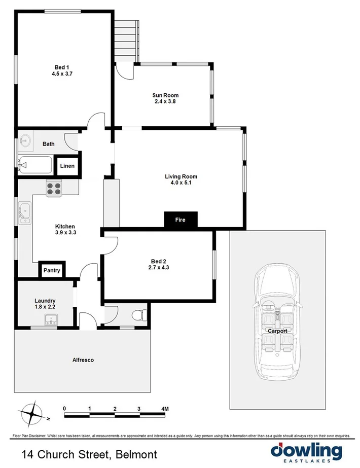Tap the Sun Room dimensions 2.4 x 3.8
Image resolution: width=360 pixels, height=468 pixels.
click(x=165, y=101)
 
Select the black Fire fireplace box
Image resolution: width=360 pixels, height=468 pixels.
click(x=180, y=220)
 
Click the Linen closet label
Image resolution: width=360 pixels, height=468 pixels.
click(x=67, y=166)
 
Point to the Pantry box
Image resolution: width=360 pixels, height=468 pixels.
click(x=52, y=270)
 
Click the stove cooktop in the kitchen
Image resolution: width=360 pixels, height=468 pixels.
click(x=54, y=188)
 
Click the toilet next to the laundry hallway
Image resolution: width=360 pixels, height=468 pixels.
click(x=139, y=315)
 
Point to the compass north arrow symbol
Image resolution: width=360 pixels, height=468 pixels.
click(x=34, y=413)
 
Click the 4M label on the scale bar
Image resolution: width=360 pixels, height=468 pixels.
click(x=164, y=408)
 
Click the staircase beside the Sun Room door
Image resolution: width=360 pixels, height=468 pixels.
click(x=126, y=41)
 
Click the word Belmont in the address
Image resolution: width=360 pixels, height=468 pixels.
click(x=137, y=454)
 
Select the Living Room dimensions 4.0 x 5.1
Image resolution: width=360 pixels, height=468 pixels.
click(x=181, y=183)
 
